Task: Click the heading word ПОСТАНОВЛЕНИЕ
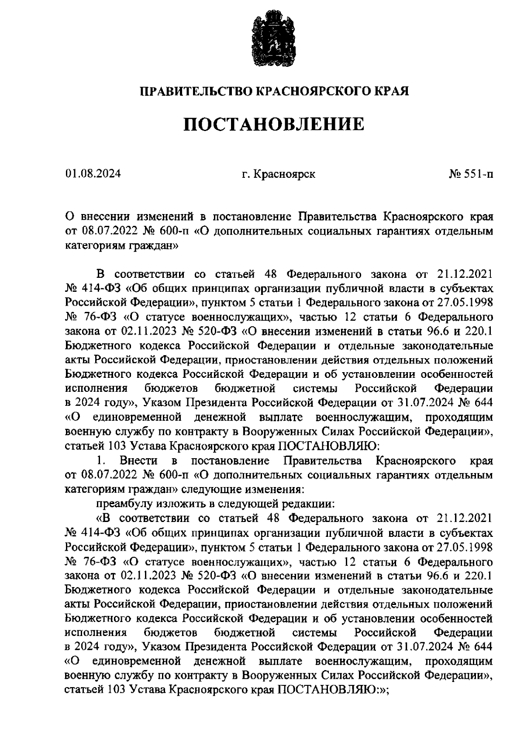[273, 124]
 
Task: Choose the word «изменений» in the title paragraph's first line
[166, 217]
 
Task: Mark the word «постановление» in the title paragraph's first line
[245, 217]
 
